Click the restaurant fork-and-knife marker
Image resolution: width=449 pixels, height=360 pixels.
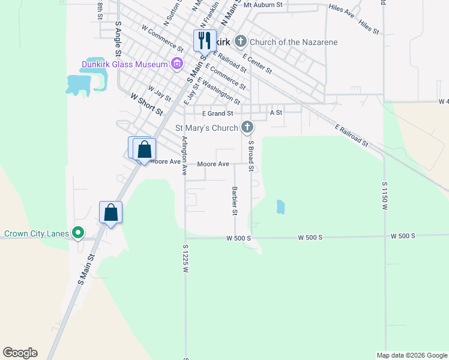205,41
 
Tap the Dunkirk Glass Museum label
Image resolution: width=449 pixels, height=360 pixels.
125,64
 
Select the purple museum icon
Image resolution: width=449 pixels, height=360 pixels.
176,64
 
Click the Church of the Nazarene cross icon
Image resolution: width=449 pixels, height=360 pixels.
241,42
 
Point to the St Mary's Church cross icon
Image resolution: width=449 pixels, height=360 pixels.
247,127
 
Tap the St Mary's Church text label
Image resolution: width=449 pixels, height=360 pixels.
206,128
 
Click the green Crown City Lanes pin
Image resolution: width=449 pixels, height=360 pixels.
77,233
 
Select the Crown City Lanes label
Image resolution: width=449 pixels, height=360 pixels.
37,233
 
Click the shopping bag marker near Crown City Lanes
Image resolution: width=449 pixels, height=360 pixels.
110,212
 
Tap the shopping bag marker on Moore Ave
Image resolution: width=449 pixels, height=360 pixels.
144,149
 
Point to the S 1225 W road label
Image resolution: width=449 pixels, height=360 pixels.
185,259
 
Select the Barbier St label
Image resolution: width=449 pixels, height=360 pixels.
234,200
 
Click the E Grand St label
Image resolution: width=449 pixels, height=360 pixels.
217,113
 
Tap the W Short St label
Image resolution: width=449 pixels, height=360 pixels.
146,104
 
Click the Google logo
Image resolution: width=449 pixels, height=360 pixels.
20,353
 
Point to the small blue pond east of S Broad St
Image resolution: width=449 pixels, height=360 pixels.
280,207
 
